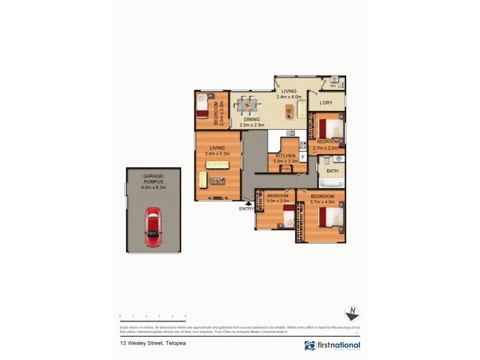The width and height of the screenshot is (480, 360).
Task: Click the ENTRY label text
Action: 247,209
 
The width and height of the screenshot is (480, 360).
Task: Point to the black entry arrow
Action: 248,203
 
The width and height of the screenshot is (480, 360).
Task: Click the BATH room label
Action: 332,171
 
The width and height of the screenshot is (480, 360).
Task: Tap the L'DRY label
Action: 326,103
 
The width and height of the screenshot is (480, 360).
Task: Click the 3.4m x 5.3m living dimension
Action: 217,154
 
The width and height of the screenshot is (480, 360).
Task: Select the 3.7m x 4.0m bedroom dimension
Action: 323,202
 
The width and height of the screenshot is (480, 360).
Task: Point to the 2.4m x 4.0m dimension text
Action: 288,97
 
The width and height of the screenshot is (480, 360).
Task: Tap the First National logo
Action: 332,346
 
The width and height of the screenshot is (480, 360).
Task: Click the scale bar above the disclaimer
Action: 153,316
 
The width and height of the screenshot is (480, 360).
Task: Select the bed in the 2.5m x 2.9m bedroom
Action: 203,107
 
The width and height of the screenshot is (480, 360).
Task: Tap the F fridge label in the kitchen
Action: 303,157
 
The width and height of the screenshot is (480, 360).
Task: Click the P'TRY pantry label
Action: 286,169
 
